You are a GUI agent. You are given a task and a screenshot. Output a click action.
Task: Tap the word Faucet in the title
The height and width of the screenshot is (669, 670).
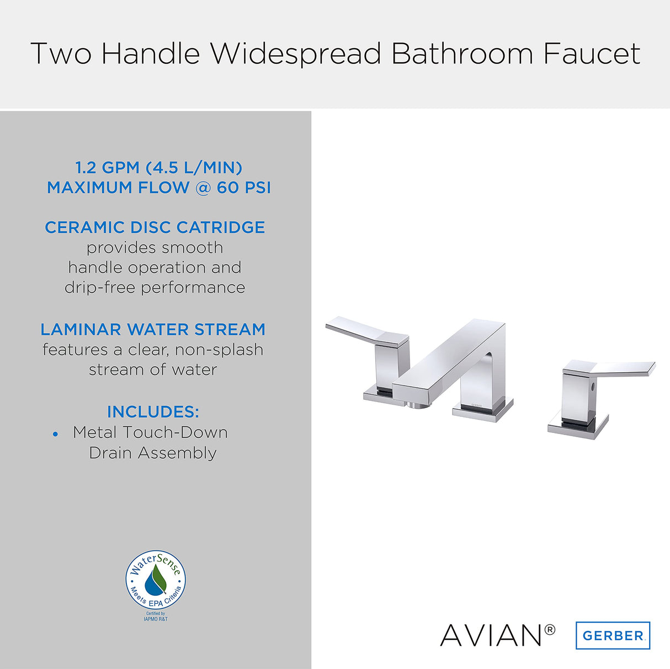coord(592,54)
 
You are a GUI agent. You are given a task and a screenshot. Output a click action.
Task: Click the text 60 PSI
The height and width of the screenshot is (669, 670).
coord(243,188)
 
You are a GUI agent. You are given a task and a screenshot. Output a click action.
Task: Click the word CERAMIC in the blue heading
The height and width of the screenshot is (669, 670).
coord(85,227)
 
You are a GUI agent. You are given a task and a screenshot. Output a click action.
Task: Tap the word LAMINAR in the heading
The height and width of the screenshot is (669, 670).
coord(81,329)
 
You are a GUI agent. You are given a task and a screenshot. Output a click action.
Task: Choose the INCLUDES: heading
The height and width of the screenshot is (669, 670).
coord(153,412)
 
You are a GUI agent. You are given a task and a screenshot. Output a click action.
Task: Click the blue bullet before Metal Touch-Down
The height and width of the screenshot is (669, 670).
coord(55,434)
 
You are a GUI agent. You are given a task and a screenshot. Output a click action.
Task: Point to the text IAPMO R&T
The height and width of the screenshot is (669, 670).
coord(156,619)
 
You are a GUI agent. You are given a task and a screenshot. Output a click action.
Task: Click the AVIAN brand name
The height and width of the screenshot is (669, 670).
coord(491,635)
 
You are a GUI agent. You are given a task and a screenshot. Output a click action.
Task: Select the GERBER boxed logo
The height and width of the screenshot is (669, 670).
coord(613,635)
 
